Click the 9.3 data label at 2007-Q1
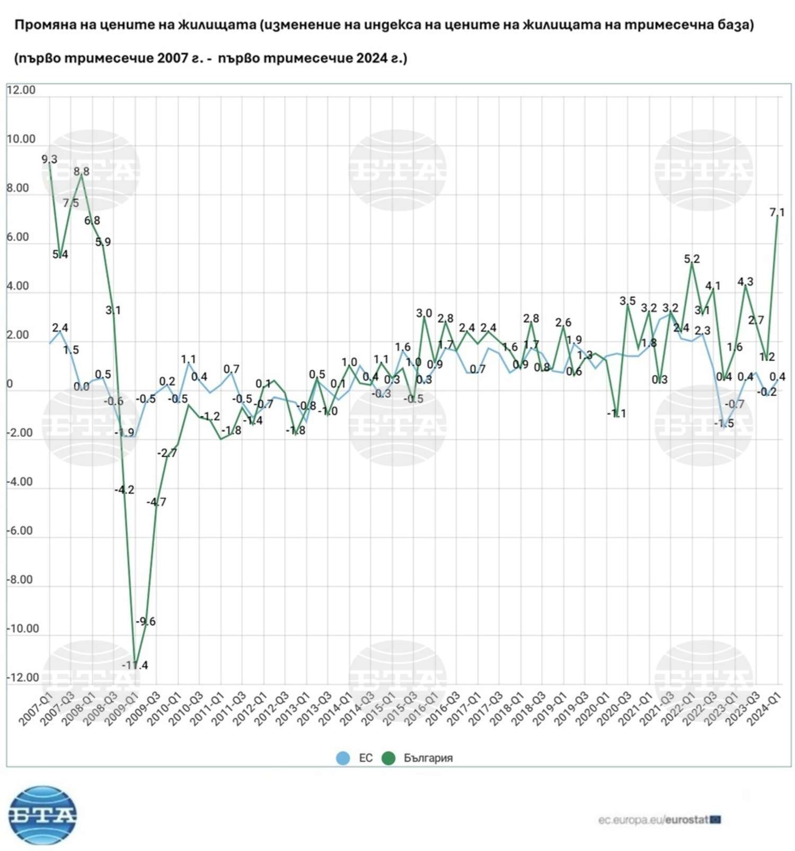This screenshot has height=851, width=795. click(49, 159)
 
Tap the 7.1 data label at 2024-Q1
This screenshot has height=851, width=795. click(777, 212)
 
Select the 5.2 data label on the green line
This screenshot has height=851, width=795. click(692, 259)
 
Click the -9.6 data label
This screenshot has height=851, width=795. click(145, 621)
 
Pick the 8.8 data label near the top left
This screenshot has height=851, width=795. click(82, 171)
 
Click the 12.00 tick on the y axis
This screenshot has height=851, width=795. click(21, 90)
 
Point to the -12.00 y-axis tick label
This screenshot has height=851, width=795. click(23, 677)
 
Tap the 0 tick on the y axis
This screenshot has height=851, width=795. click(9, 384)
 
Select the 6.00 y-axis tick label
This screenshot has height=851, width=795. click(17, 237)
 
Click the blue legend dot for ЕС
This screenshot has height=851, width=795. click(343, 758)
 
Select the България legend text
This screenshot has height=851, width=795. click(428, 758)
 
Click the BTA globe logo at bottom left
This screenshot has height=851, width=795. click(42, 815)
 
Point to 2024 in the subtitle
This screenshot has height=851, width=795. click(372, 58)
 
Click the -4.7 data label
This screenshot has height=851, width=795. click(156, 502)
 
